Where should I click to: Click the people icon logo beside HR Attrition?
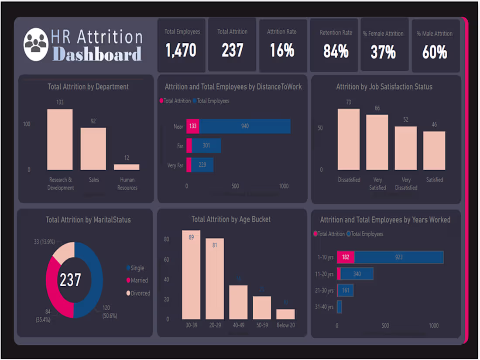click(36, 44)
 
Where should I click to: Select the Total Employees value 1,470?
click(181, 51)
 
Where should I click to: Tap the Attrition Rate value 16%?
click(282, 51)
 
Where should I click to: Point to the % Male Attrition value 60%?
click(435, 52)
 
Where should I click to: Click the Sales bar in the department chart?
click(93, 149)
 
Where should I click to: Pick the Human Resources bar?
click(127, 167)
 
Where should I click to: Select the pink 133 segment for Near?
click(193, 126)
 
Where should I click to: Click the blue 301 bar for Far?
click(206, 146)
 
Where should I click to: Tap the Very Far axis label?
click(175, 165)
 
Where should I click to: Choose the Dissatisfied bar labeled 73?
click(349, 139)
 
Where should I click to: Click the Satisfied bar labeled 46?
click(434, 151)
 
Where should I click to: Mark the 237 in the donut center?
click(70, 280)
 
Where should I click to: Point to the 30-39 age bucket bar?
click(191, 275)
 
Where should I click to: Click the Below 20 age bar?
click(285, 314)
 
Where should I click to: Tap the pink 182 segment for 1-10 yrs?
click(346, 257)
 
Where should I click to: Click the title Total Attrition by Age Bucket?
click(231, 219)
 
